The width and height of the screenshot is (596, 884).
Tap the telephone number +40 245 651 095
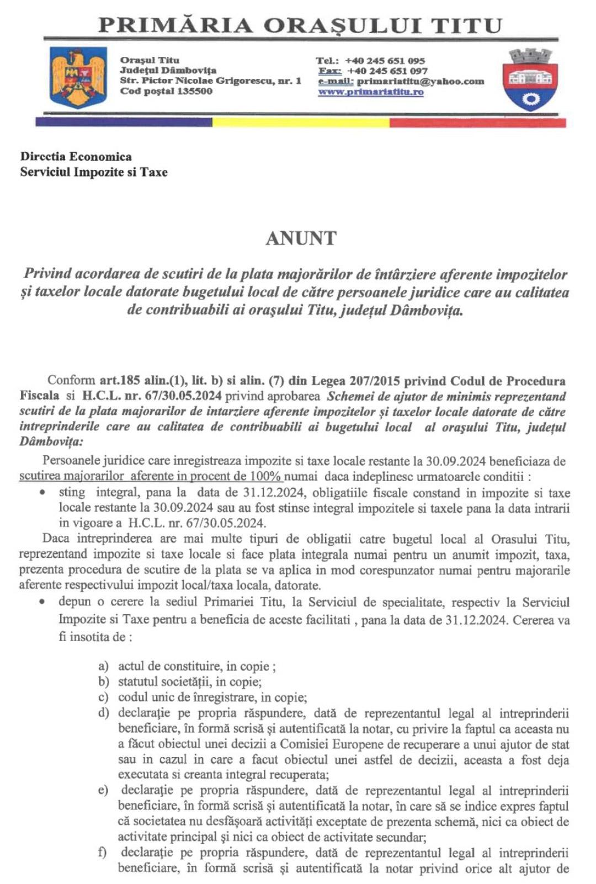(x=385, y=61)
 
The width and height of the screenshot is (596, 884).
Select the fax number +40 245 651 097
(x=387, y=71)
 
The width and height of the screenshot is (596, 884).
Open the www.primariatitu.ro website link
(x=371, y=92)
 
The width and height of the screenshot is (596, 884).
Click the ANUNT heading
(x=301, y=238)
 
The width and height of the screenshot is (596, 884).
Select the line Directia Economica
(x=76, y=157)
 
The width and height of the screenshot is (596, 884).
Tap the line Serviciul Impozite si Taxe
(x=94, y=172)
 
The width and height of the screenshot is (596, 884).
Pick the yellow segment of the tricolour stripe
(x=301, y=123)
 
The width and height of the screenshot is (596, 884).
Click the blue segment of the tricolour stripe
(x=124, y=123)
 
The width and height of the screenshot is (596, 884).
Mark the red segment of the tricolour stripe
(x=478, y=123)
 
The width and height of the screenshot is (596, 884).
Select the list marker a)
(x=103, y=667)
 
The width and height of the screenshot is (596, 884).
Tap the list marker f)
(x=102, y=853)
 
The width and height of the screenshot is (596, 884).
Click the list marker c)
(x=103, y=697)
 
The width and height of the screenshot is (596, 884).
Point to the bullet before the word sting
(x=42, y=492)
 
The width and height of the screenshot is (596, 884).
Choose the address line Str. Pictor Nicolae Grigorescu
(x=210, y=81)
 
